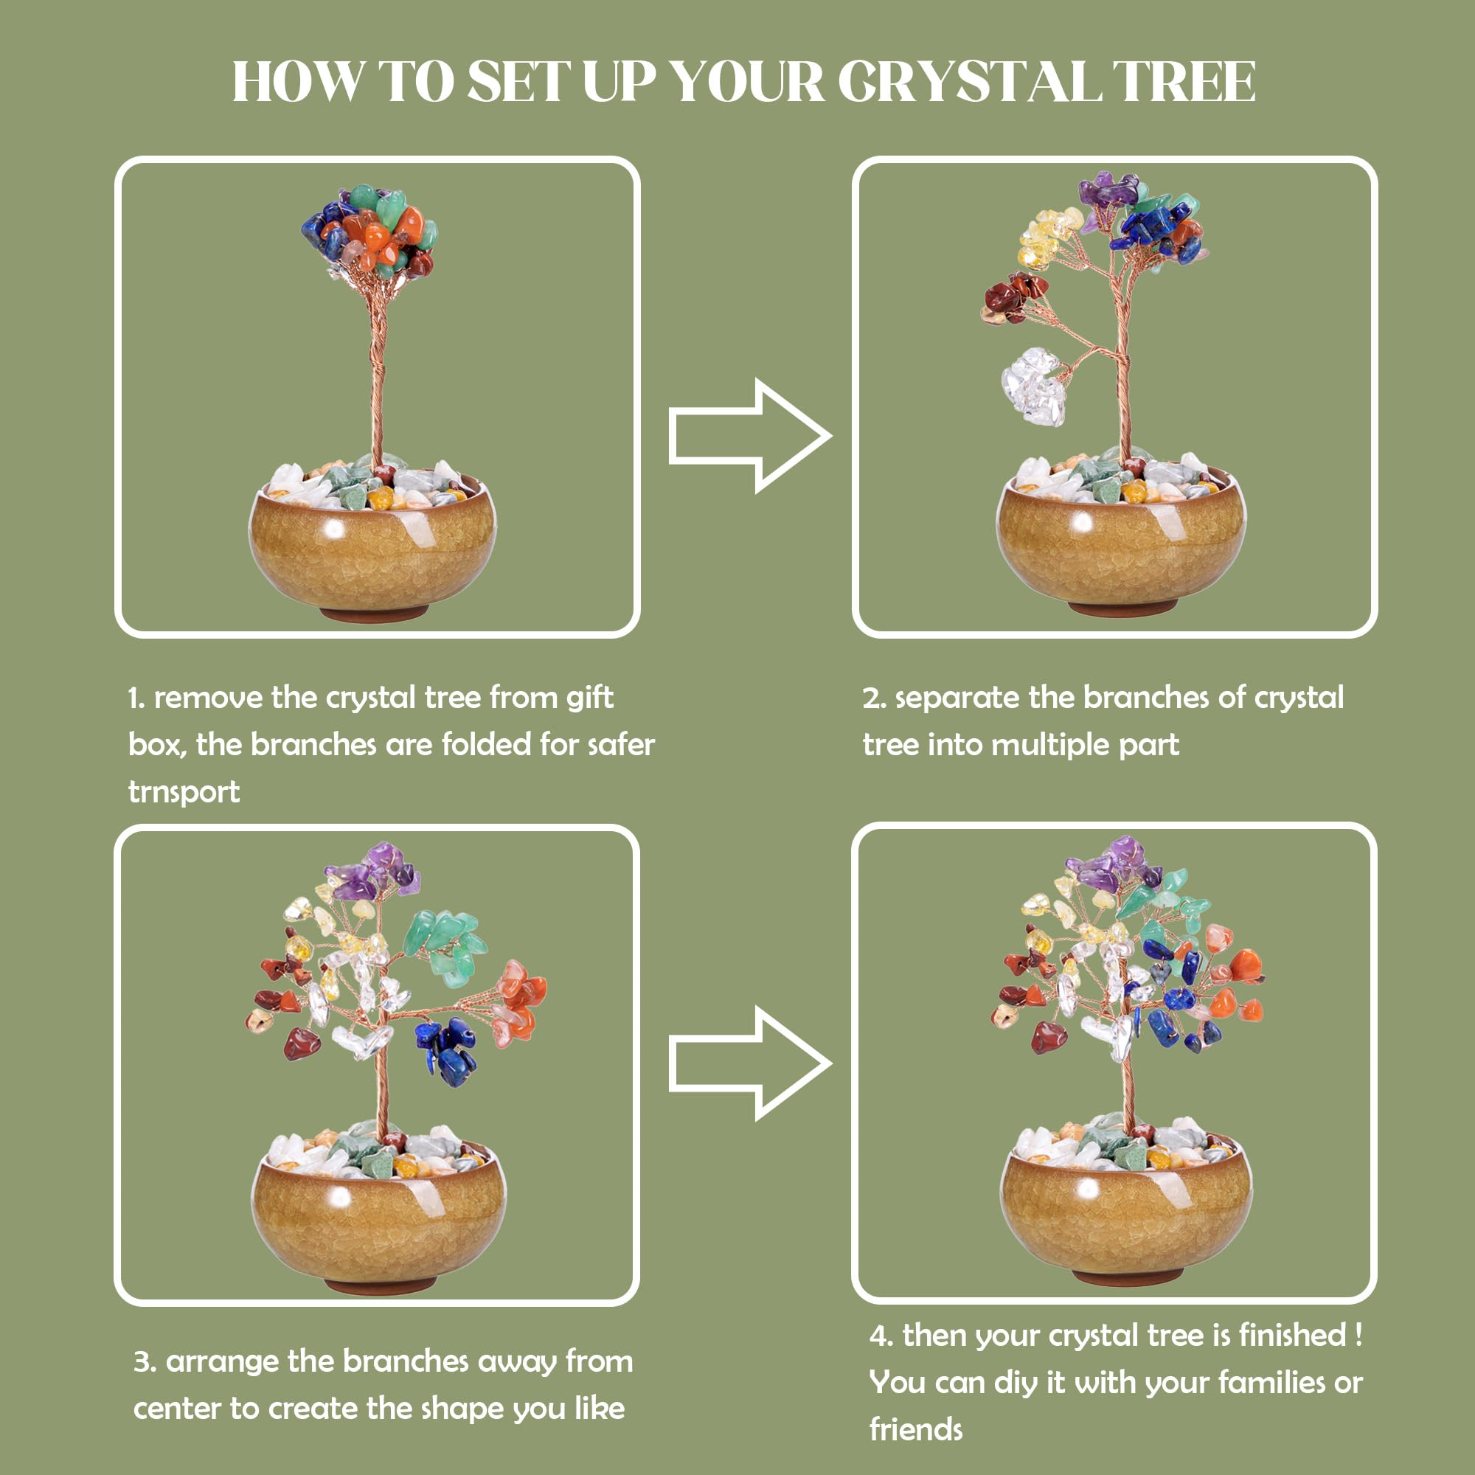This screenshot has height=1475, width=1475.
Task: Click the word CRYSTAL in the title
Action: tap(969, 81)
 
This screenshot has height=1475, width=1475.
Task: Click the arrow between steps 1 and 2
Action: tap(750, 436)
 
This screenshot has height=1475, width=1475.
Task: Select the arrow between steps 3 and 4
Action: tap(750, 1063)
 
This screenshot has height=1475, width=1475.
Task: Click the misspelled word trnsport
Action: tap(184, 791)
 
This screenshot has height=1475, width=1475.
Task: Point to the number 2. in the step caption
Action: tap(874, 698)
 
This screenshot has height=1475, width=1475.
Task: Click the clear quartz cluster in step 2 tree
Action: tap(1032, 386)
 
